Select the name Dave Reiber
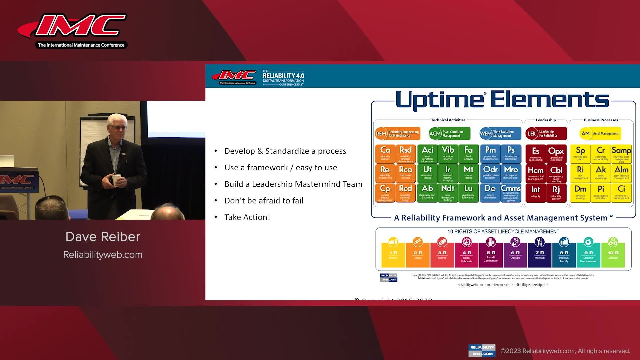[x=103, y=237]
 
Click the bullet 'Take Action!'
[x=247, y=217]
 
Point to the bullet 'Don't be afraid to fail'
[x=264, y=201]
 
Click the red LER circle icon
[x=532, y=134]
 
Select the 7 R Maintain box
[x=539, y=255]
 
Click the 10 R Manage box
[x=613, y=255]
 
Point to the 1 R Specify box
[x=393, y=255]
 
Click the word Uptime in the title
[x=439, y=100]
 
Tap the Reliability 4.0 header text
[x=283, y=76]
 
